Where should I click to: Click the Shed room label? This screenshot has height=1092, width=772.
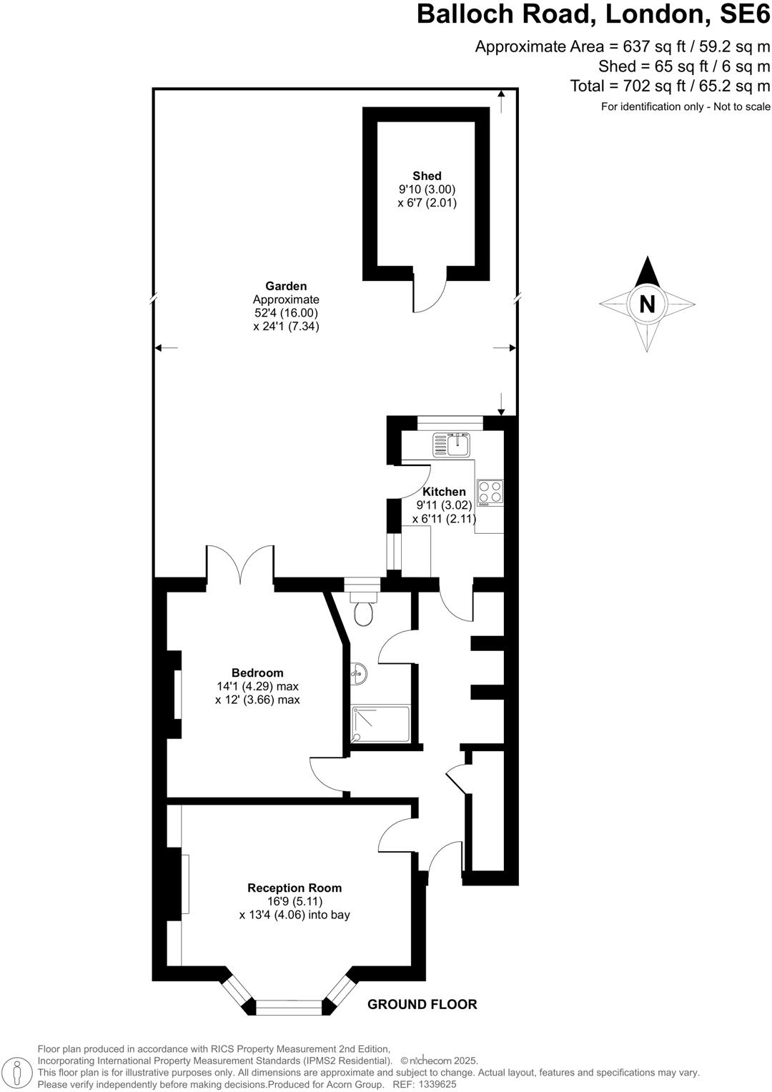click(427, 176)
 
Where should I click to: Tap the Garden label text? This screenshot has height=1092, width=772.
click(286, 287)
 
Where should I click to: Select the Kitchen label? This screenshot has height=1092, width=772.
click(444, 492)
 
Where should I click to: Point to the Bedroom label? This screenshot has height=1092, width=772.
click(257, 672)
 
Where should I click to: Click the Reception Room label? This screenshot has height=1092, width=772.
click(295, 888)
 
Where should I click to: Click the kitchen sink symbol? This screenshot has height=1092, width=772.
click(450, 445)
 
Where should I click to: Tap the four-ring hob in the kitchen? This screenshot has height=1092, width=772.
click(490, 492)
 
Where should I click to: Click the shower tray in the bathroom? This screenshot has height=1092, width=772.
click(380, 723)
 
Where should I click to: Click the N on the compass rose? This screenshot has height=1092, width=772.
click(647, 304)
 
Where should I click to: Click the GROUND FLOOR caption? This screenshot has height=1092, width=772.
click(422, 1004)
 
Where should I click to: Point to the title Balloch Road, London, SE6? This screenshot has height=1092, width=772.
click(593, 14)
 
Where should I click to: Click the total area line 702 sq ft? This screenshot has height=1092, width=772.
click(670, 86)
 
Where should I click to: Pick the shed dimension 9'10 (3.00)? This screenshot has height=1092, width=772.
click(427, 189)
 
